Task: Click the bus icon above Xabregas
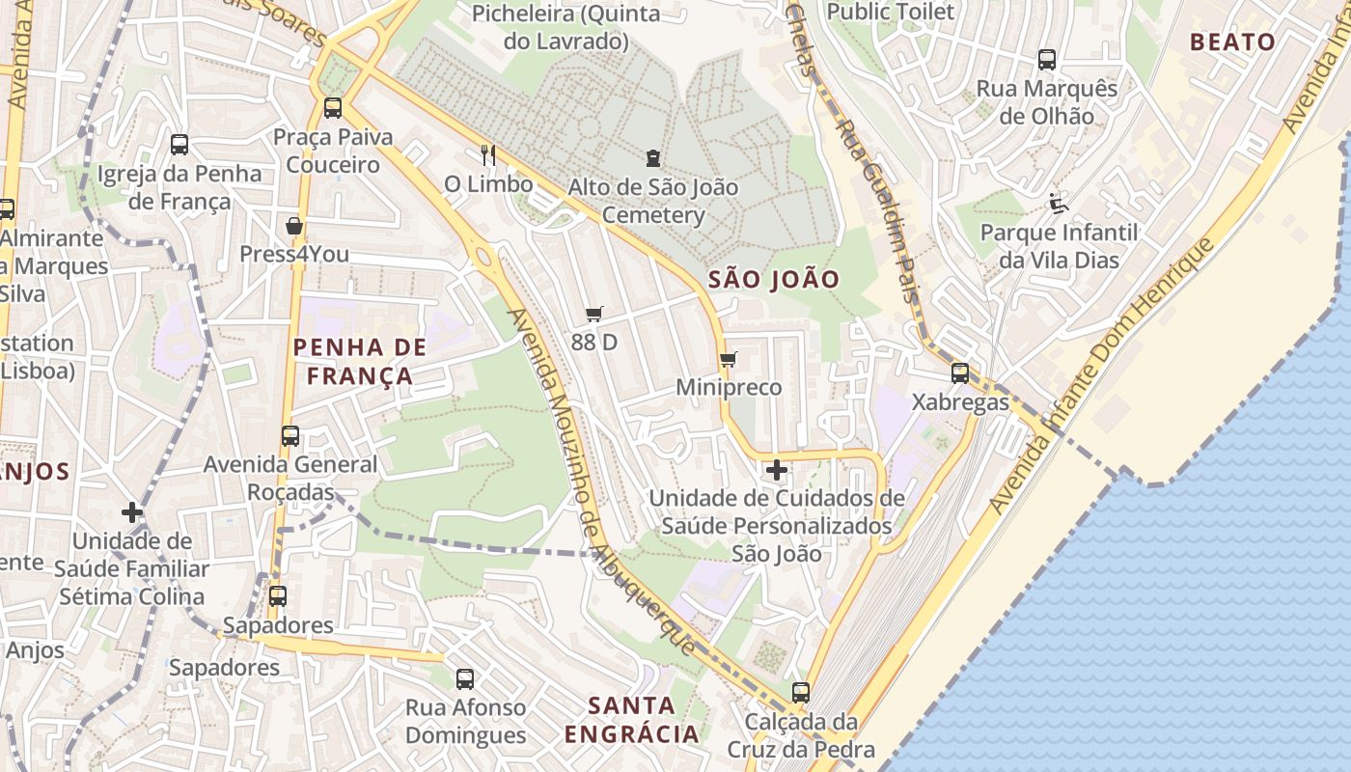click(x=959, y=373)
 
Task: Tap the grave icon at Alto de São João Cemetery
click(x=653, y=157)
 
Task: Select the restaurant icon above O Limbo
click(x=488, y=154)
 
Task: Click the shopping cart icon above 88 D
click(x=594, y=314)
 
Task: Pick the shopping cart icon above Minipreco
click(x=729, y=359)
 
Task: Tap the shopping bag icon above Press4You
click(x=294, y=226)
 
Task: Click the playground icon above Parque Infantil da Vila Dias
click(x=1059, y=203)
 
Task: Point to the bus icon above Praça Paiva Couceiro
click(x=333, y=108)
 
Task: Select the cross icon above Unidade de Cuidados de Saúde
click(x=776, y=471)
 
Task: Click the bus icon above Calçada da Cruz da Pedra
click(x=800, y=693)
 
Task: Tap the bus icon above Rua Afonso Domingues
click(x=465, y=679)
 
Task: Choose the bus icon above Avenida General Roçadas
click(x=290, y=436)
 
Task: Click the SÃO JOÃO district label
click(x=774, y=280)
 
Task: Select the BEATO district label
click(x=1232, y=41)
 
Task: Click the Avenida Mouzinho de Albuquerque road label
click(x=600, y=482)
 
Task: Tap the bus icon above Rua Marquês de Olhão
click(x=1047, y=60)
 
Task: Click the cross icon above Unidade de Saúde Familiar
click(x=132, y=512)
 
